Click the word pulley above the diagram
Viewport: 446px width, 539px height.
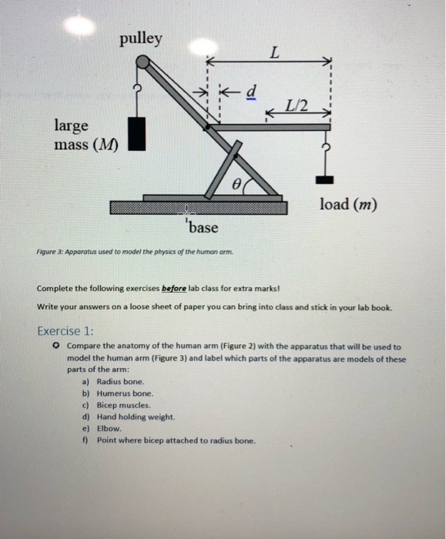coord(141,39)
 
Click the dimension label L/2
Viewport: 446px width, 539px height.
coord(296,106)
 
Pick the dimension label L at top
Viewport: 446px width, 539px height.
coord(273,52)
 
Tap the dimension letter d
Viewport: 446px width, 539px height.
coord(249,91)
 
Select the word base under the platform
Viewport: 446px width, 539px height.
coord(203,228)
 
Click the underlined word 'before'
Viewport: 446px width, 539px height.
coord(173,290)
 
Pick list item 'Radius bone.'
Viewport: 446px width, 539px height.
coord(120,381)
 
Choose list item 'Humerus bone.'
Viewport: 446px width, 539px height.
coord(123,393)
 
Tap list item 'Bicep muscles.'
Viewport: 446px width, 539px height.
coord(124,404)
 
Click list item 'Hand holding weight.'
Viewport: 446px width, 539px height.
coord(136,417)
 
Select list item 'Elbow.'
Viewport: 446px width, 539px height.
coord(109,428)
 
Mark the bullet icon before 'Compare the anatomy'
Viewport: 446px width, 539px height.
coord(56,346)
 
